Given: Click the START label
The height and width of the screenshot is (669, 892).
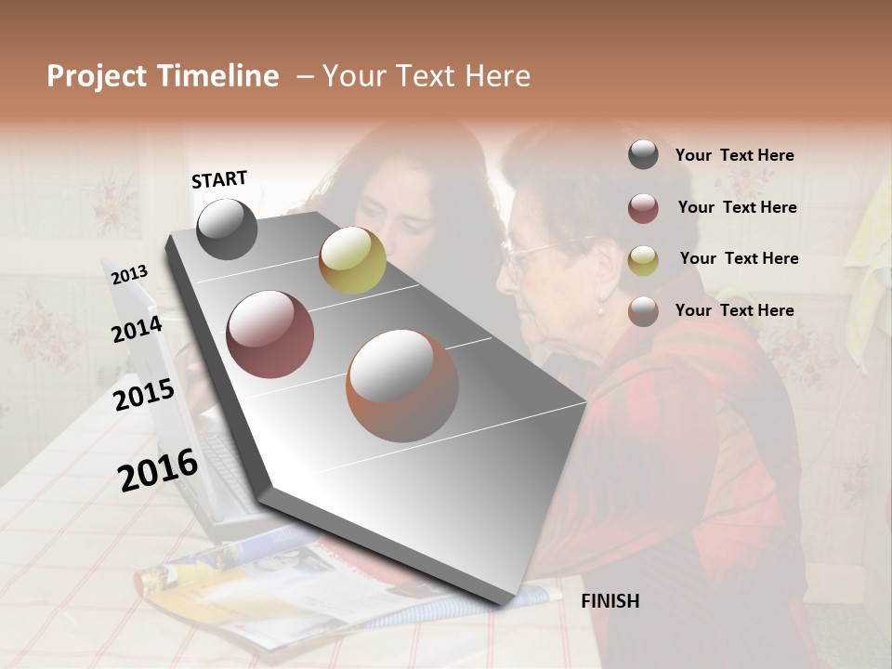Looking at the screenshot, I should pyautogui.click(x=219, y=179).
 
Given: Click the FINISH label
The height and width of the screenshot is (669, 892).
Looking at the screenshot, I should pyautogui.click(x=610, y=601).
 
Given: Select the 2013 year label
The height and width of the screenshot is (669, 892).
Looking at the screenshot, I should pyautogui.click(x=129, y=275).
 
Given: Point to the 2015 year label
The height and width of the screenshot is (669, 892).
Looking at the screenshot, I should pyautogui.click(x=144, y=395).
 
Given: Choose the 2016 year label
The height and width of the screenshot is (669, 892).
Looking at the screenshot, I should pyautogui.click(x=158, y=470).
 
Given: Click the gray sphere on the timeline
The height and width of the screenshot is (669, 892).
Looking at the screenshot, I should pyautogui.click(x=227, y=229).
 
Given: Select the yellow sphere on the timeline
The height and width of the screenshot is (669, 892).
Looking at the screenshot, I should pyautogui.click(x=352, y=260).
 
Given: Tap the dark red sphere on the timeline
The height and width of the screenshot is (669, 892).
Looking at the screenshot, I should pyautogui.click(x=270, y=334).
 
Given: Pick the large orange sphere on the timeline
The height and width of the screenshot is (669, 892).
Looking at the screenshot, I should pyautogui.click(x=402, y=386).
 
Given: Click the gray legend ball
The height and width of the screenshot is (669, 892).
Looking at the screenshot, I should pyautogui.click(x=643, y=155).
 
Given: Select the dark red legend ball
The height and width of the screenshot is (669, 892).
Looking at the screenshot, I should pyautogui.click(x=643, y=208).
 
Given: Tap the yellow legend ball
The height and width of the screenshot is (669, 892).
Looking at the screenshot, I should pyautogui.click(x=643, y=260).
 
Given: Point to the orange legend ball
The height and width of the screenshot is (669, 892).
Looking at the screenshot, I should pyautogui.click(x=643, y=311).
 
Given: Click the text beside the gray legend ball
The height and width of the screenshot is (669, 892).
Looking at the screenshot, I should pyautogui.click(x=734, y=156).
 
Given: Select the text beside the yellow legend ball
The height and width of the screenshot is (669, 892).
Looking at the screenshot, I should pyautogui.click(x=739, y=258).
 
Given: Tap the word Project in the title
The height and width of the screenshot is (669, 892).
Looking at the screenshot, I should pyautogui.click(x=97, y=76).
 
